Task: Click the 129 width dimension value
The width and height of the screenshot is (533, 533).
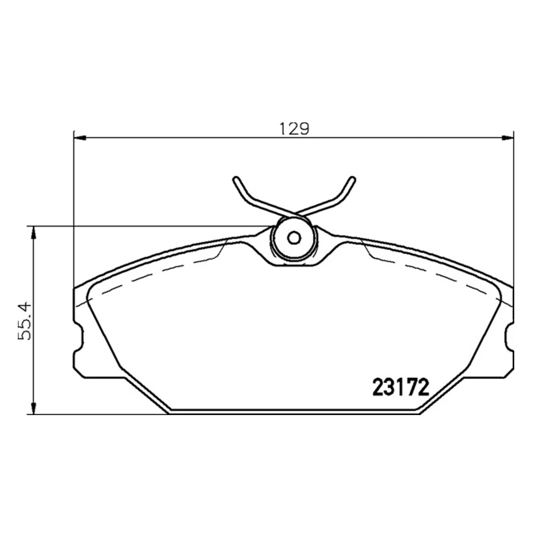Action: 295,129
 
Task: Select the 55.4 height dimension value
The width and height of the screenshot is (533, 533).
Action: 25,321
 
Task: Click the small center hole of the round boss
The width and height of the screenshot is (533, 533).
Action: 294,238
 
